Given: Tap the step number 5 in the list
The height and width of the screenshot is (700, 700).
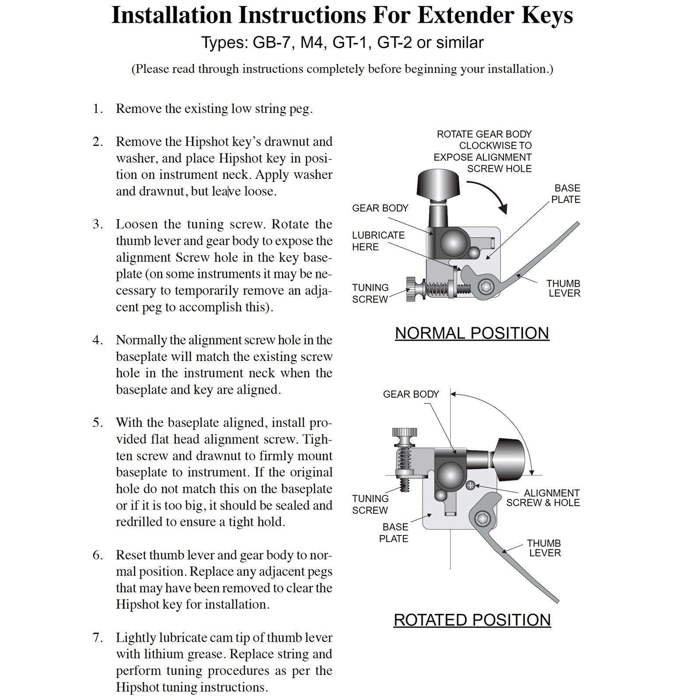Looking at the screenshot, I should [97, 423].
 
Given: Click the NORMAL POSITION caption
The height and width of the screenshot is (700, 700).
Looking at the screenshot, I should [472, 333].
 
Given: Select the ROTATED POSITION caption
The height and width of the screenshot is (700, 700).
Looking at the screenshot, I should [472, 620].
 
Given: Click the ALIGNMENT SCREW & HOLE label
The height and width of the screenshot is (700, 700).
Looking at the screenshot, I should [543, 498].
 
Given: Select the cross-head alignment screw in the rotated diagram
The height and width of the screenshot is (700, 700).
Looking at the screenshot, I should [471, 485].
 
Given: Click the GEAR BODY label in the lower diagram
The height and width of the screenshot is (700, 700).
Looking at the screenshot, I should [410, 395].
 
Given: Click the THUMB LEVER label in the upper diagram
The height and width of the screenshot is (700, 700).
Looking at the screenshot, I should [564, 289].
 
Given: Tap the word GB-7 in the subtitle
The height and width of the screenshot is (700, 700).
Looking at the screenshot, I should [271, 43].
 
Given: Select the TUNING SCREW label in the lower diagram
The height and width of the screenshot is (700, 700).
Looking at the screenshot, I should [370, 504].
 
